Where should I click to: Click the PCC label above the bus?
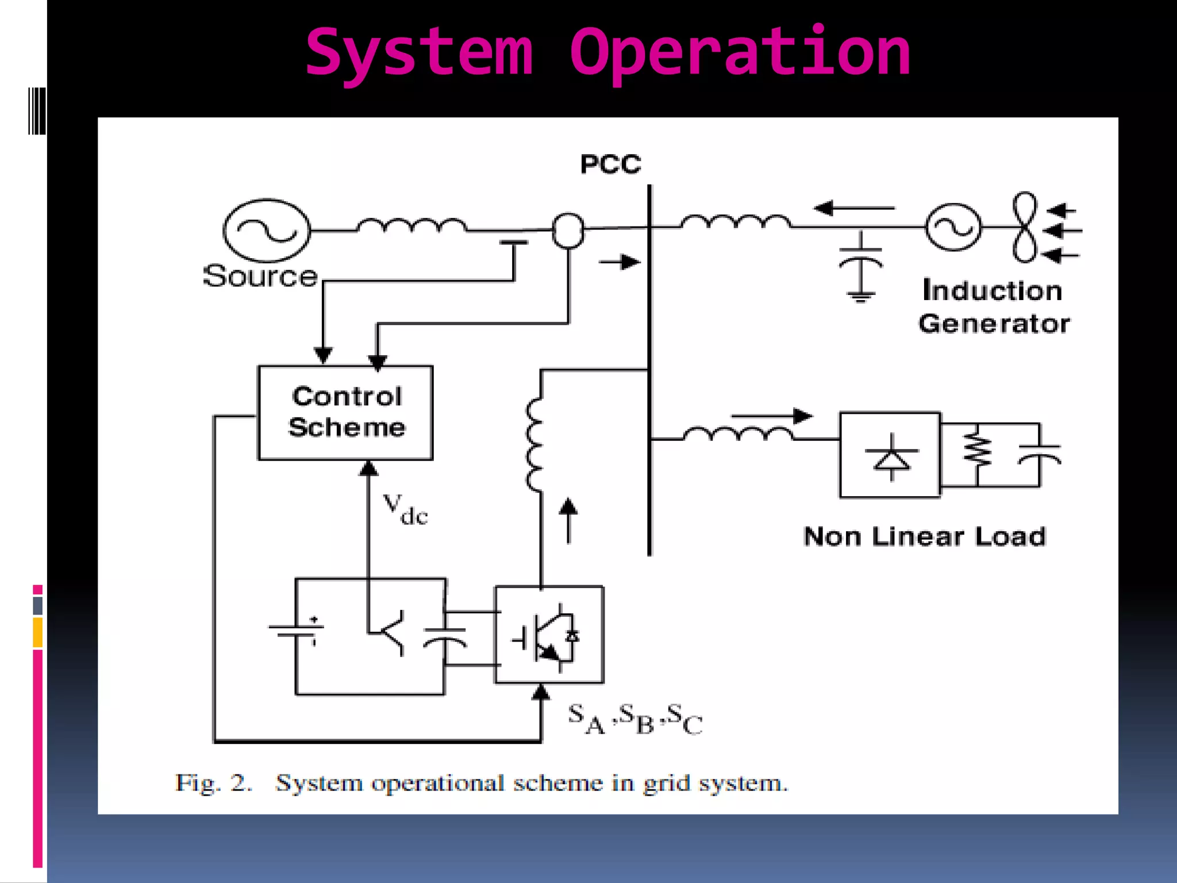(610, 164)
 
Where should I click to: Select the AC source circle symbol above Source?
(267, 231)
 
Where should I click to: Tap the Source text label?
(260, 277)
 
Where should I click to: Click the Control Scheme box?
(345, 412)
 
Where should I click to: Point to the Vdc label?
(405, 509)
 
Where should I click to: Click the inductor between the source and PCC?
(411, 225)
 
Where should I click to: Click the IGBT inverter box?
(549, 634)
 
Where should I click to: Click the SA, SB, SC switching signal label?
(634, 719)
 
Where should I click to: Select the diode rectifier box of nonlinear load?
(890, 455)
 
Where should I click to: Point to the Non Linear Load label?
(924, 537)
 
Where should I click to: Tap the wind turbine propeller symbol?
(1025, 228)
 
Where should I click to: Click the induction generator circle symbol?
(953, 228)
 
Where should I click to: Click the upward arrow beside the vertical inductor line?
(568, 520)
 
